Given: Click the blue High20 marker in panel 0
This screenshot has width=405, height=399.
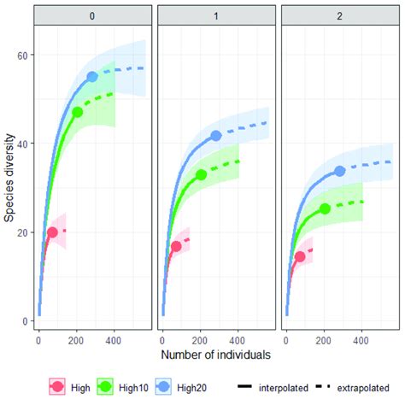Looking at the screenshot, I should tap(93, 77).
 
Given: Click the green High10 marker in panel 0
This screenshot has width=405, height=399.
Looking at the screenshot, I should tap(78, 112).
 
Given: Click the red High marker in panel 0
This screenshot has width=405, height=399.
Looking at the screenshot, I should tap(52, 232).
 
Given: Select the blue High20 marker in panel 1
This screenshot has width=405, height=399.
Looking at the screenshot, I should tap(216, 136).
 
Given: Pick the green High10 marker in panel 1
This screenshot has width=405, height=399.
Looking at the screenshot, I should tap(201, 174).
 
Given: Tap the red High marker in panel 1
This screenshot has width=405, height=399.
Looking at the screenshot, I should tap(176, 246).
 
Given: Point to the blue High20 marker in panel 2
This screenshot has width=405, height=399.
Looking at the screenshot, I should tap(339, 171).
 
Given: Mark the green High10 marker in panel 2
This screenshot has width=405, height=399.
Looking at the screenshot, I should tap(325, 208).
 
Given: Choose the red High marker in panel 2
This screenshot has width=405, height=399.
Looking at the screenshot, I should tap(300, 256).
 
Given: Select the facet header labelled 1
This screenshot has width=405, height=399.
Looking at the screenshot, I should tap(214, 15).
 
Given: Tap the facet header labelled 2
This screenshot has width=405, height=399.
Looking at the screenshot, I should tap(337, 15).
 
